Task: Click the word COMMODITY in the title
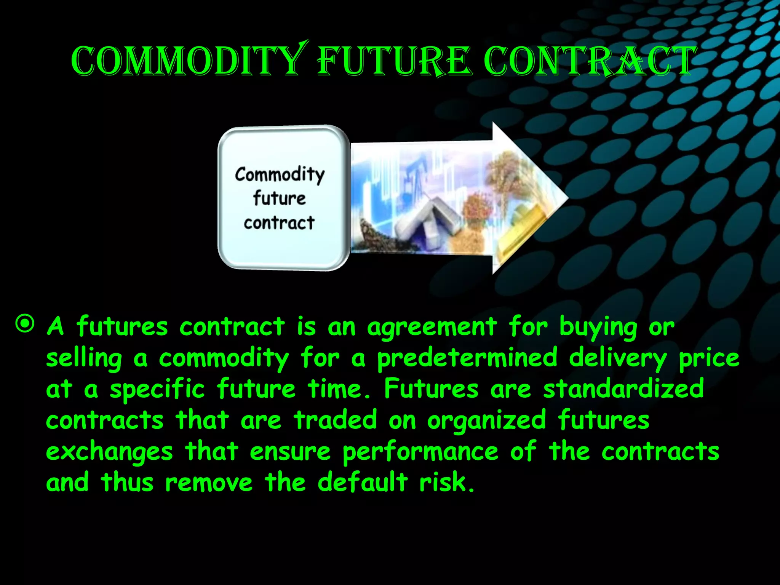click(187, 61)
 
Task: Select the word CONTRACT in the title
click(588, 61)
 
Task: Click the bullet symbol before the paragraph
click(25, 324)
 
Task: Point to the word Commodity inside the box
click(280, 174)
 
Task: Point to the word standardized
click(623, 389)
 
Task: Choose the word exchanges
click(109, 452)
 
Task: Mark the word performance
click(420, 452)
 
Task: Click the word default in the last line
click(363, 482)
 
